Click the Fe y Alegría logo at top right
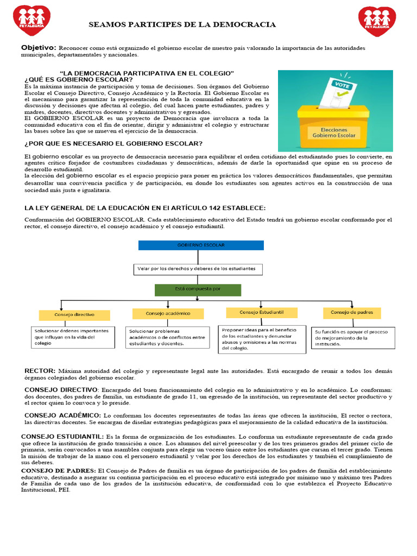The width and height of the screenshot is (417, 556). pyautogui.click(x=377, y=21)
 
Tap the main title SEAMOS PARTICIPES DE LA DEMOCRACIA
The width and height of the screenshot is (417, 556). pyautogui.click(x=182, y=25)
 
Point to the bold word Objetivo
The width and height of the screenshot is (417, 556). pyautogui.click(x=39, y=48)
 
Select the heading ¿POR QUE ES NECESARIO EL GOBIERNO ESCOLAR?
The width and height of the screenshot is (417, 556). pyautogui.click(x=113, y=143)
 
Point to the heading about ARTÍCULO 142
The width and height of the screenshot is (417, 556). pyautogui.click(x=145, y=208)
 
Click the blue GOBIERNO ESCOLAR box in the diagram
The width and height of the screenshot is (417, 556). pyautogui.click(x=201, y=245)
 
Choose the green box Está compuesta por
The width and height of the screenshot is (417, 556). pyautogui.click(x=198, y=290)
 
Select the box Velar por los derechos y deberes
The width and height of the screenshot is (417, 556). pyautogui.click(x=198, y=269)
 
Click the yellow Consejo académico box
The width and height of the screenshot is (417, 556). pyautogui.click(x=168, y=314)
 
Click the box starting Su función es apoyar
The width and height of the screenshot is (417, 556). pyautogui.click(x=353, y=338)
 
